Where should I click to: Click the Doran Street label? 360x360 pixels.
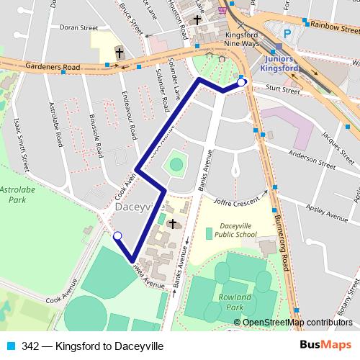78,27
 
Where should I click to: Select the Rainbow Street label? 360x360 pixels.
335,27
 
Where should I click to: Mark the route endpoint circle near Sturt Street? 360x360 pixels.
241,82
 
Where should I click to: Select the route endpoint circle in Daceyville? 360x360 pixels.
117,235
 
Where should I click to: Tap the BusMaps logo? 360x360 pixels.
329,345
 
